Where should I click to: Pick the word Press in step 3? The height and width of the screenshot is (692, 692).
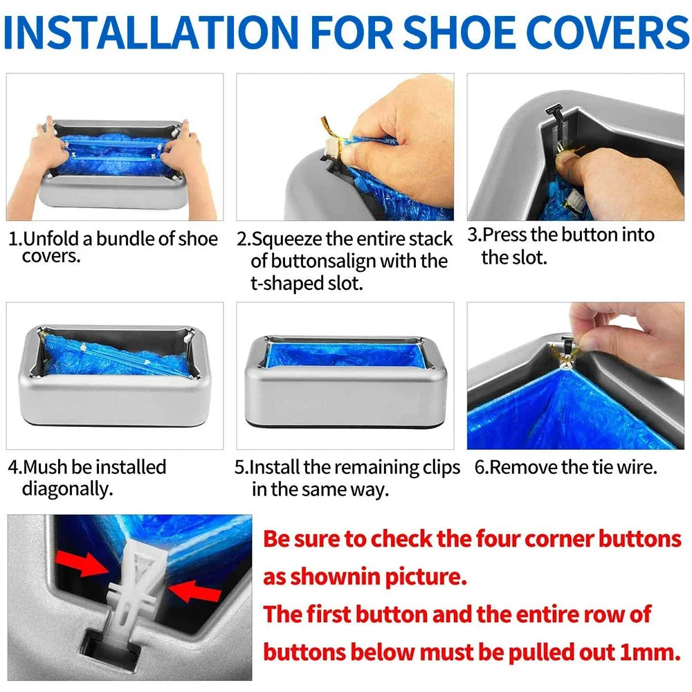(504, 235)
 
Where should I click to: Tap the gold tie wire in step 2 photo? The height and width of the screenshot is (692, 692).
(328, 131)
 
